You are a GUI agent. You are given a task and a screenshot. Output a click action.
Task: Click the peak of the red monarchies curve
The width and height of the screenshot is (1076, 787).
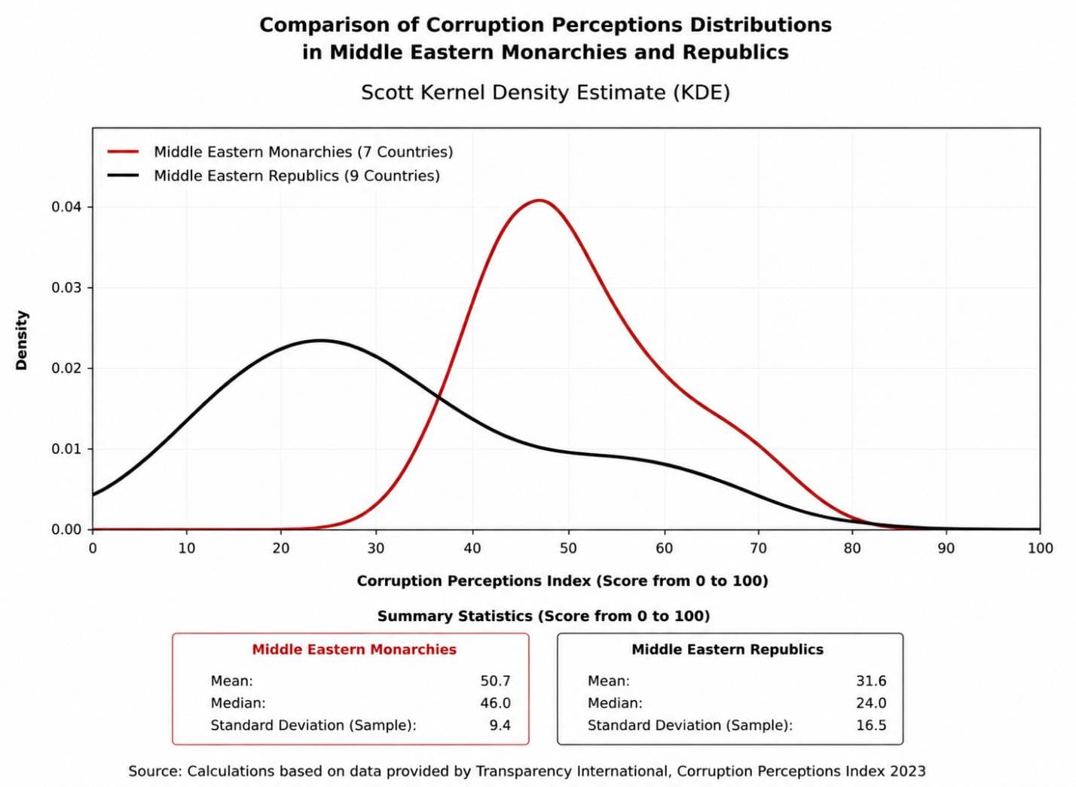coord(540,200)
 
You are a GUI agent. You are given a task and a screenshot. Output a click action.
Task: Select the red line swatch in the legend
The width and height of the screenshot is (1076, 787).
coord(123,152)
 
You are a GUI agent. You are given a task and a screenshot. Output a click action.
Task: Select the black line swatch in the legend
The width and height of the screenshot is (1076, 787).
coord(123,176)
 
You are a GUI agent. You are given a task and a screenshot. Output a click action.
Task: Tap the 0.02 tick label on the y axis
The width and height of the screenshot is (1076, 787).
coord(67,369)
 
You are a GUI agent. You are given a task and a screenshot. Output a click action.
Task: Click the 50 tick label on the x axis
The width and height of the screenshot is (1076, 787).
coord(568,548)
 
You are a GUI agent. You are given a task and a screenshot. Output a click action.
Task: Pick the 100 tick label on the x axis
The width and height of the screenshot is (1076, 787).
coord(1040,548)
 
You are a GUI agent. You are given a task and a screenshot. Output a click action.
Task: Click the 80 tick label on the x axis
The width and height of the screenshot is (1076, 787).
coord(852,548)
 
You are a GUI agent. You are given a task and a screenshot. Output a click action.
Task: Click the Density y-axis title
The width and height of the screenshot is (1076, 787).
coord(22,340)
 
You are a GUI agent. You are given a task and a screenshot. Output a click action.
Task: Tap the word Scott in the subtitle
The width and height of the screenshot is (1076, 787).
coord(387,92)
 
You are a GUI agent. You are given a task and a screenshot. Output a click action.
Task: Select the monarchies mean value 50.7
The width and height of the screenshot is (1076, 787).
coord(495,681)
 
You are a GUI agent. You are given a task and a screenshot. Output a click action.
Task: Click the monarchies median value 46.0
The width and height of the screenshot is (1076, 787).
coord(495,703)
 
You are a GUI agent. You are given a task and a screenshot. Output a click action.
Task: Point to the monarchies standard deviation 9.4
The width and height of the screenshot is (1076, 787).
coord(500,725)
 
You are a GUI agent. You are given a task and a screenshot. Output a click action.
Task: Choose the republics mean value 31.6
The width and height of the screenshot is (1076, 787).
coord(871,681)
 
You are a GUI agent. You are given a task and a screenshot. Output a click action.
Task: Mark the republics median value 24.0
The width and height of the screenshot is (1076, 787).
coord(871,703)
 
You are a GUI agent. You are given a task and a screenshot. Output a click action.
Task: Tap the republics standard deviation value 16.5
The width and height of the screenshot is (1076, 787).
coord(871,725)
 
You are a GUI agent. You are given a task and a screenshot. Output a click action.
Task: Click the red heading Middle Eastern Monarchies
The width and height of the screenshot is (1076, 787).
coord(354,650)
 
